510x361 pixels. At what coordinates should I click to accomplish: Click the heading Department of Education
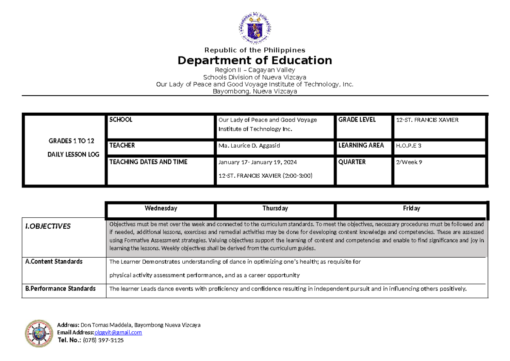pos(255,60)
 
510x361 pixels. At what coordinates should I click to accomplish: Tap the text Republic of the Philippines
pos(255,50)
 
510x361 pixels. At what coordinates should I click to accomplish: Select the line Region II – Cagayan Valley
pos(255,70)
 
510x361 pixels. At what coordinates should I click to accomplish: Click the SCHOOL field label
pos(121,120)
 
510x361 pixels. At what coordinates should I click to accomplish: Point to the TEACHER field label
pos(122,145)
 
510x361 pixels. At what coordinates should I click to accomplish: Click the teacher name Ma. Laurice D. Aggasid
pos(249,146)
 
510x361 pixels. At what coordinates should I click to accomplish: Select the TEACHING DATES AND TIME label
pos(148,162)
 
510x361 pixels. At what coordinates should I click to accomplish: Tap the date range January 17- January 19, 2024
pos(258,162)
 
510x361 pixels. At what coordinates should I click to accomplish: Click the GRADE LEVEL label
pos(357,120)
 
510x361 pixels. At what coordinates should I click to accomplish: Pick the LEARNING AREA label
pos(361,145)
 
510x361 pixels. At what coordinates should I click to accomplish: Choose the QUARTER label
pos(352,162)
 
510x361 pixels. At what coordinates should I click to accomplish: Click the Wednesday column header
pos(161,208)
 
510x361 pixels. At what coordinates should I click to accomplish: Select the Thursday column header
pos(275,208)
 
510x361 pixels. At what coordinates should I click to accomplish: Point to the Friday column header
pos(411,208)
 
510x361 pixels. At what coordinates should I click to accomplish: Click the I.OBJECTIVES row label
pos(48,226)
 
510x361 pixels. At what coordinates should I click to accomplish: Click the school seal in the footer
pos(39,333)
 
